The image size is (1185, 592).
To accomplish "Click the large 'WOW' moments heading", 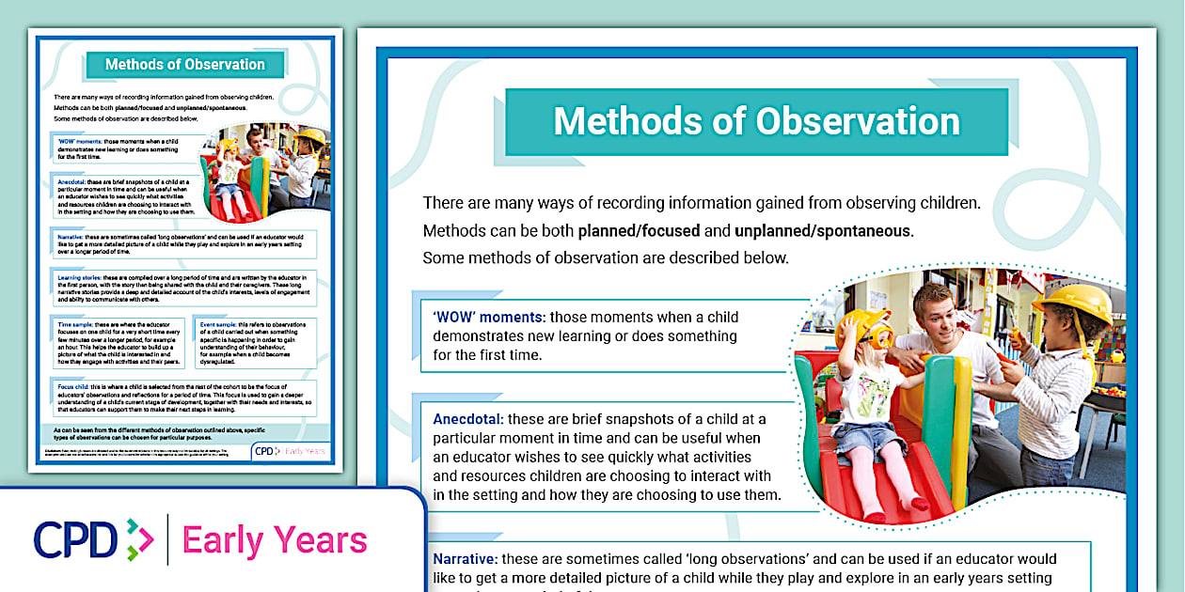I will (489, 318).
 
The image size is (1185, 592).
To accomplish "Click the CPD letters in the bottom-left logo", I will (76, 539).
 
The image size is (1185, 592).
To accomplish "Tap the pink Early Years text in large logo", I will (274, 540).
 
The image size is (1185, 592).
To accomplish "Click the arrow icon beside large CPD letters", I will (139, 540).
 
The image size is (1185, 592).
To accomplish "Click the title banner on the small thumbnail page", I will (184, 65).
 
